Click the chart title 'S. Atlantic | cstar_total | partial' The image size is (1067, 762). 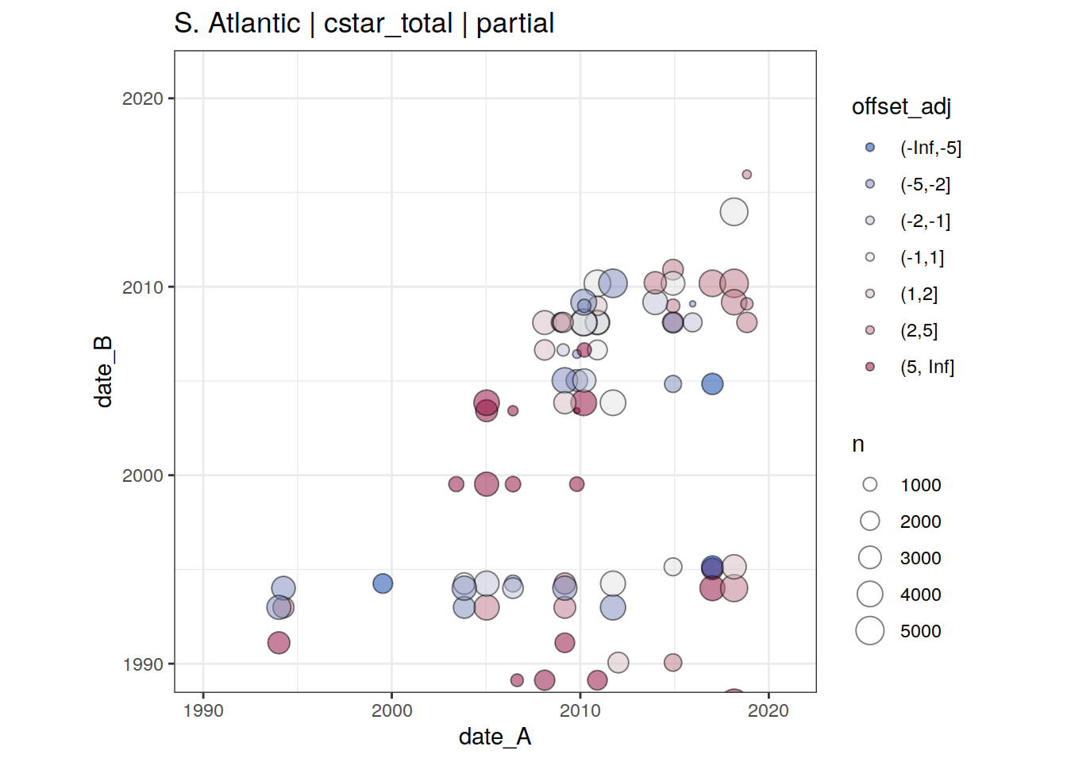364,24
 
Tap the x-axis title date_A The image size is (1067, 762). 495,737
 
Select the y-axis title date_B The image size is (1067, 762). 104,371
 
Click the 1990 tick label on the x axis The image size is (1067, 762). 203,710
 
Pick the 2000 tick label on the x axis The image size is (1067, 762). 392,710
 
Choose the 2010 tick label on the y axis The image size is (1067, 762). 143,287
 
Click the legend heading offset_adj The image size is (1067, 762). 901,106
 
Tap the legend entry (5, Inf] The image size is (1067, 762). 926,367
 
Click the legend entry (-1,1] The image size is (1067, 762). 922,257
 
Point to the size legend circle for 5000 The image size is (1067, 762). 870,631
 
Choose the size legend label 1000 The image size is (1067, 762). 920,485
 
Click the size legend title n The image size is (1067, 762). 857,444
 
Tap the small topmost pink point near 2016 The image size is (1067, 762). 746,175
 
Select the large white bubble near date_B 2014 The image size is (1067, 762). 734,212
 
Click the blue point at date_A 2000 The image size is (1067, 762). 383,583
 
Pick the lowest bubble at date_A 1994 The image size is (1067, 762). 279,643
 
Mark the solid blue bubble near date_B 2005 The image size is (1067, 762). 712,384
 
